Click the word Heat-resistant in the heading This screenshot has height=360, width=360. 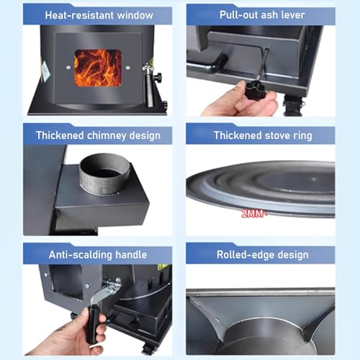pos(76,15)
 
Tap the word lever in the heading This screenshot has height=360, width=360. pos(293,15)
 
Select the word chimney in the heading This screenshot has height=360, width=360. pos(107,136)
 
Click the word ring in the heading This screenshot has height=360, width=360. pos(302,136)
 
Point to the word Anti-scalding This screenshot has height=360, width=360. pos(81,255)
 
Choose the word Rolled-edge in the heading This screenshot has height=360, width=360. pos(246,255)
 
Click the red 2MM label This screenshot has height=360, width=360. pos(252,214)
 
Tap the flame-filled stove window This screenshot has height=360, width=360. pos(98,68)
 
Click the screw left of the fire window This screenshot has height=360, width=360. pos(68,68)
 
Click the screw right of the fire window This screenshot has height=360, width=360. pos(128,68)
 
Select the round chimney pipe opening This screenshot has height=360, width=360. pos(105,174)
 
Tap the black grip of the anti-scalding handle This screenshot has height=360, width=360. pos(92,324)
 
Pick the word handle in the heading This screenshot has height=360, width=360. pos(131,255)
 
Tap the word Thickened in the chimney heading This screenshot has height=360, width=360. pos(60,135)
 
